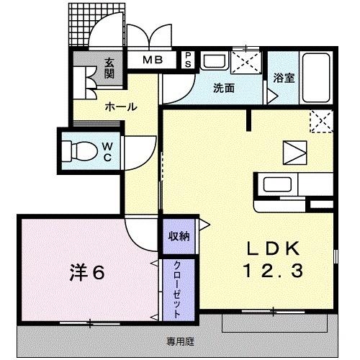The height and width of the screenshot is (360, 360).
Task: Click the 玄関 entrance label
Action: tap(109, 68)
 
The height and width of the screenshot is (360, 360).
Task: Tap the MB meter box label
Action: tap(152, 60)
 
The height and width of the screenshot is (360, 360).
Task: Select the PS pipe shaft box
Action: tap(189, 59)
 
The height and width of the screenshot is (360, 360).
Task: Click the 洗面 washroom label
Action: tap(223, 89)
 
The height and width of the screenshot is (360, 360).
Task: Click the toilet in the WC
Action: tap(76, 150)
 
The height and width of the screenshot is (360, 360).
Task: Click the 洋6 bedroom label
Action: tap(87, 273)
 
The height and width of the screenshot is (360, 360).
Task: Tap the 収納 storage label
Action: tap(179, 235)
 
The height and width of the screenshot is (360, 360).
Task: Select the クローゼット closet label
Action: tap(177, 288)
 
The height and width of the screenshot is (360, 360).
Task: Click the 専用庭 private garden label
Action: tap(181, 341)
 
